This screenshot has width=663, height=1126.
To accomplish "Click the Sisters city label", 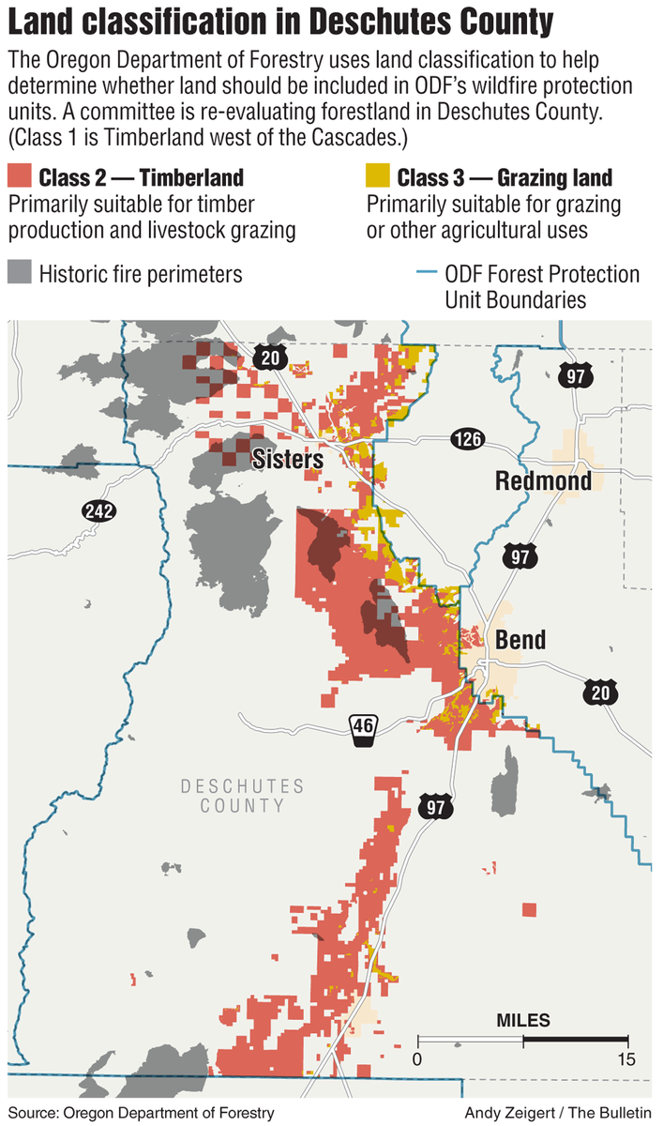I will (288, 460).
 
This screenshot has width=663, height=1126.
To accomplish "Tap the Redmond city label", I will (544, 481).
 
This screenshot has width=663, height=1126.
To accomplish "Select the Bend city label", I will (520, 640).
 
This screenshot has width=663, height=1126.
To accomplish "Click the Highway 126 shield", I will (466, 438).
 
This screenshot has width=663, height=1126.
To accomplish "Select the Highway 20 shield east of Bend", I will (597, 692).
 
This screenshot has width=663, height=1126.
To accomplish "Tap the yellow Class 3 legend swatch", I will (378, 177).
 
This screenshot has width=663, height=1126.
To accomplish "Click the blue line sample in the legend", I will (425, 275).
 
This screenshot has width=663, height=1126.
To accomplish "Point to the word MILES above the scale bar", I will (523, 1020).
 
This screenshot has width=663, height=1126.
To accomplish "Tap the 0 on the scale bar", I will (418, 1059).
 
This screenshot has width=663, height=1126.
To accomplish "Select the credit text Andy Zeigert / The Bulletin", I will (559, 1113).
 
